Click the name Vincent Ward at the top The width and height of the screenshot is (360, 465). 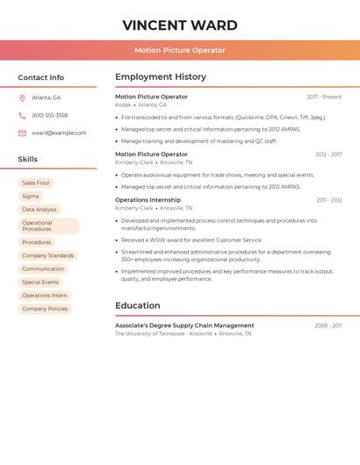(x=180, y=25)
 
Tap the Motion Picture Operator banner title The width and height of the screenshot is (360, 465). (x=180, y=50)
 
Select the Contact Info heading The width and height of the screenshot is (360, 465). (x=41, y=77)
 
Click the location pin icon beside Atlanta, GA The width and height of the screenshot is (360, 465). (x=22, y=97)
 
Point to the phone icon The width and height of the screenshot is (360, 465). (x=22, y=115)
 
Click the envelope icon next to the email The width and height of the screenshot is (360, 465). (x=22, y=132)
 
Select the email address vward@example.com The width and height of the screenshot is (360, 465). (x=59, y=132)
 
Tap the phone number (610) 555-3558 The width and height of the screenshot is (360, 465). (x=49, y=115)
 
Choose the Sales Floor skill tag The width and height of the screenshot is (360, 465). (x=36, y=182)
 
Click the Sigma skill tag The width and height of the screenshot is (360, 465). (x=31, y=197)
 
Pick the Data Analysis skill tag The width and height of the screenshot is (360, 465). (x=40, y=210)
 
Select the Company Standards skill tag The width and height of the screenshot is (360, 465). (x=48, y=255)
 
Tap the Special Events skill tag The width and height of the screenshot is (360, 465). (x=40, y=283)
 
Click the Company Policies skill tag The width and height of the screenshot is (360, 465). (x=45, y=309)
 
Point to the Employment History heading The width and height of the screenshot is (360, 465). (x=161, y=77)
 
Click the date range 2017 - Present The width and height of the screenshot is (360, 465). (x=324, y=97)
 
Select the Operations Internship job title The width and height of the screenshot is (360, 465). (x=148, y=200)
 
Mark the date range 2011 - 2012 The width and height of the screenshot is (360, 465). (x=328, y=200)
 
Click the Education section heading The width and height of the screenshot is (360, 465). (x=138, y=305)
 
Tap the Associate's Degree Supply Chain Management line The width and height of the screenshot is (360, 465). (x=184, y=325)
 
